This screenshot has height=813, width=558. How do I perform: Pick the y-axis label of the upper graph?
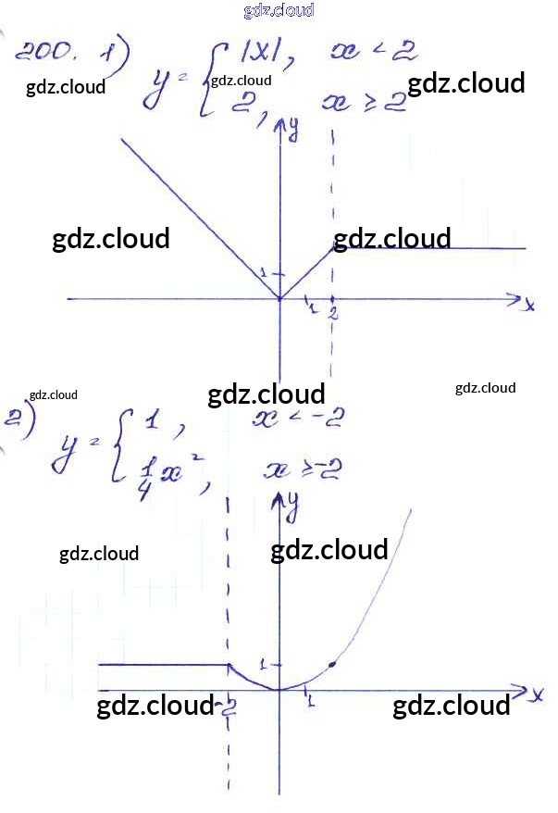[x=292, y=131]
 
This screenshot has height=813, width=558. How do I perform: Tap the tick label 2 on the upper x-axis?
[x=332, y=314]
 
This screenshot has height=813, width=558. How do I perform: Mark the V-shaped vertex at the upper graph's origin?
[x=279, y=298]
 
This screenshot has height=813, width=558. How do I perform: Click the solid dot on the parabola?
[x=332, y=665]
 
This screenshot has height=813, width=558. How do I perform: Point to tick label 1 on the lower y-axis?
[x=263, y=663]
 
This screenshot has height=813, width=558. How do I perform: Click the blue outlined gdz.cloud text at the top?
[x=279, y=10]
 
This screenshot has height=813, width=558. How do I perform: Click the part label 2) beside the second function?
[x=18, y=419]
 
